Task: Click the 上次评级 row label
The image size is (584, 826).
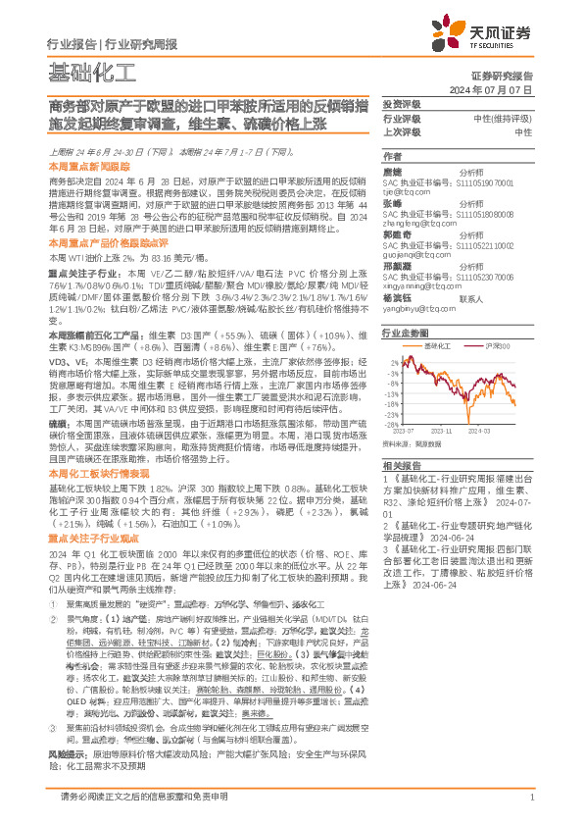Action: tap(403, 131)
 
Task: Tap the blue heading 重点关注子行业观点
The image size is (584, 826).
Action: tap(94, 539)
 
